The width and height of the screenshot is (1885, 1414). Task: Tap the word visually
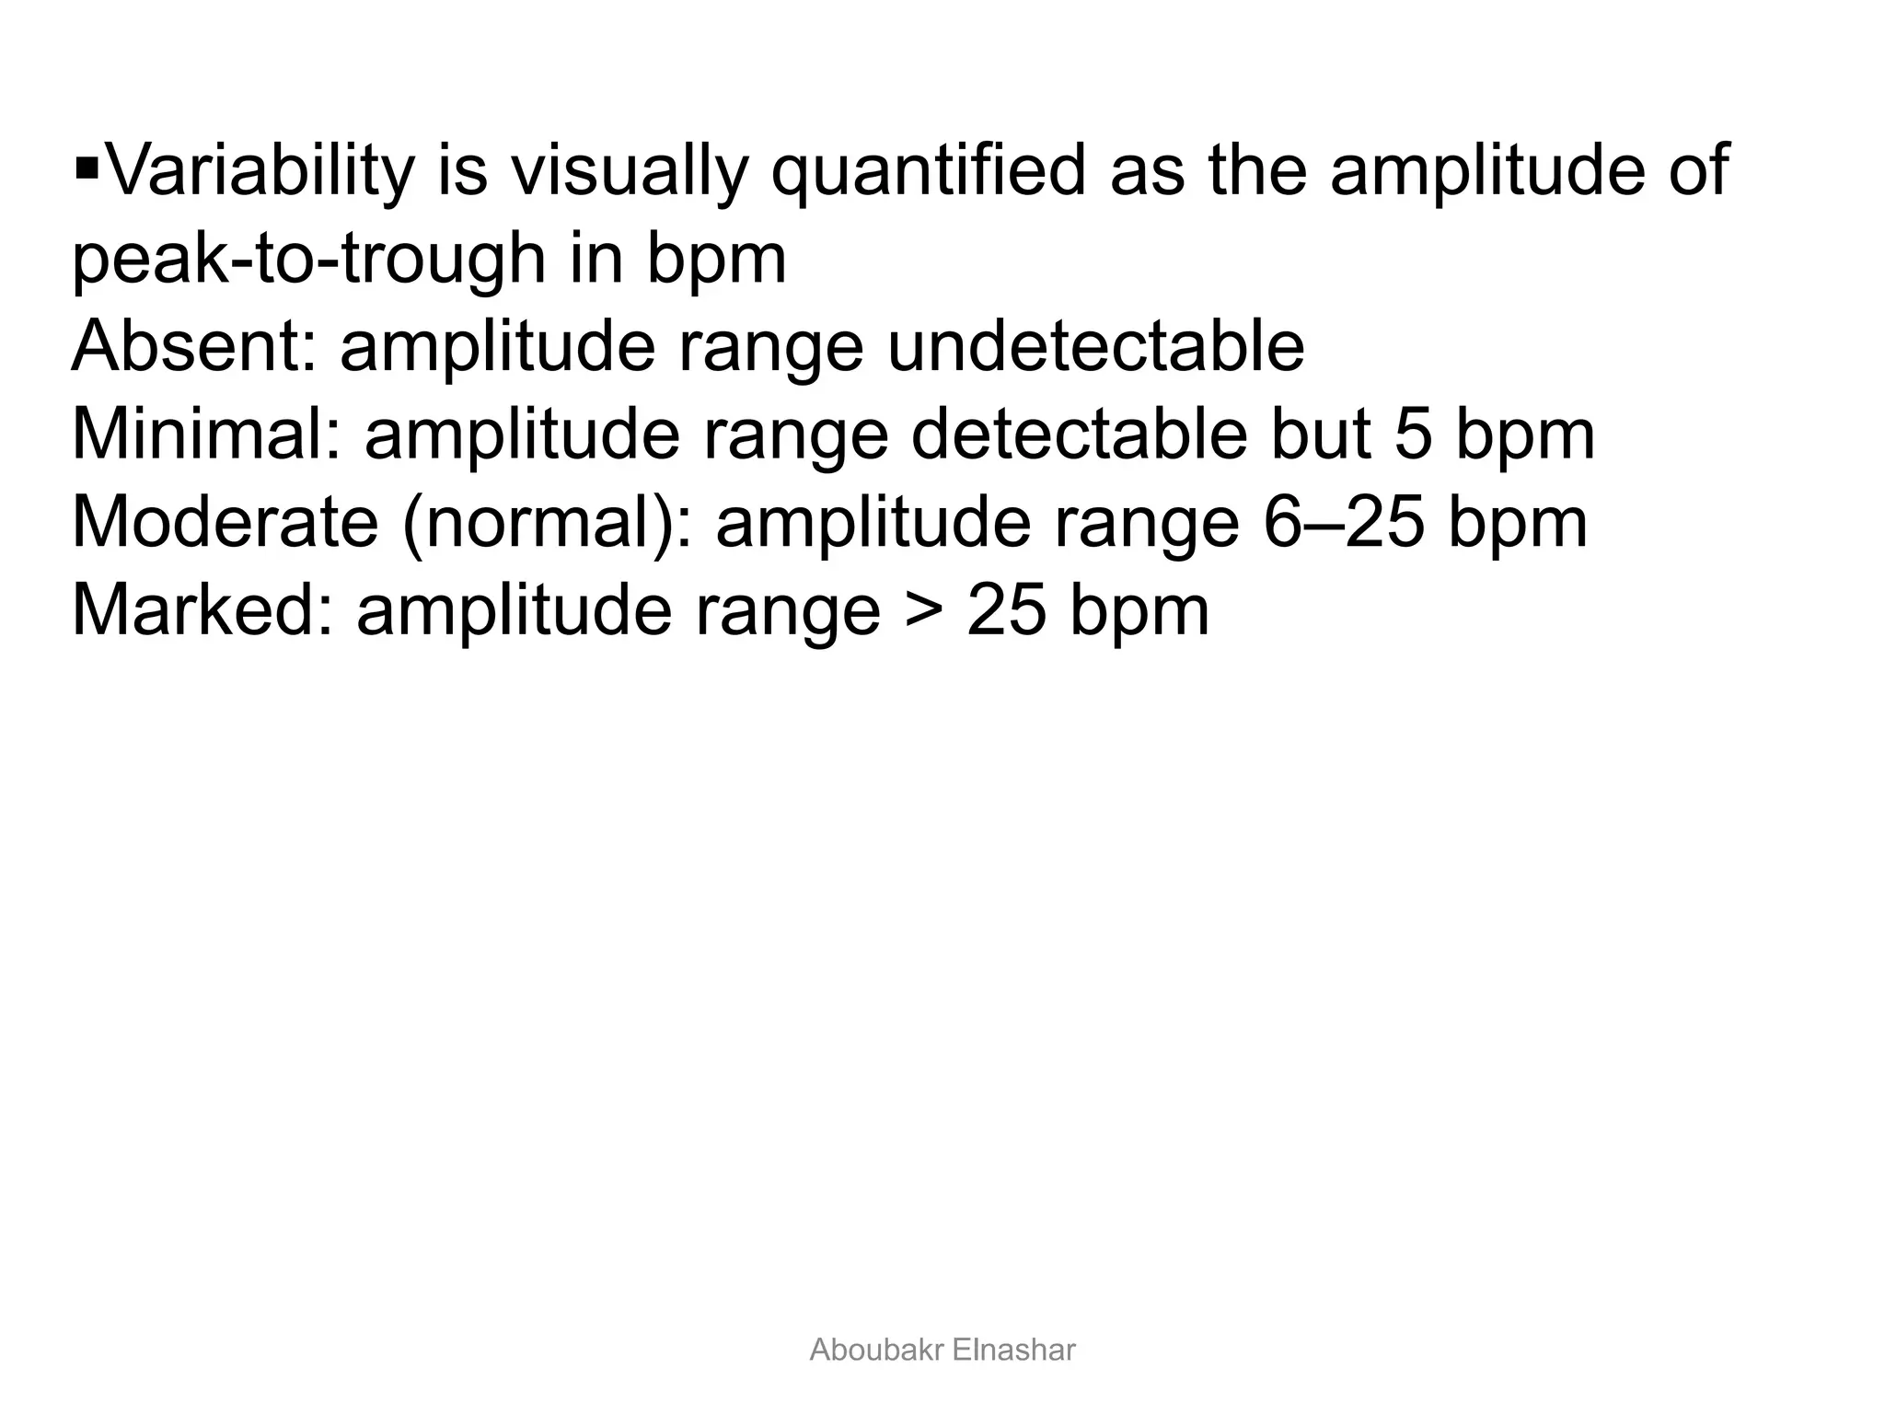click(x=630, y=170)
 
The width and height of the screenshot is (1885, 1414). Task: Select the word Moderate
click(x=226, y=523)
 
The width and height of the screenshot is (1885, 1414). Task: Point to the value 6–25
click(x=1345, y=523)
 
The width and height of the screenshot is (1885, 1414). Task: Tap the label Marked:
click(x=202, y=610)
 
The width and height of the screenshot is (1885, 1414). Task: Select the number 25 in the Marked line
click(x=1007, y=610)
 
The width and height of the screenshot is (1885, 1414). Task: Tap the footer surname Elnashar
click(x=1014, y=1350)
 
